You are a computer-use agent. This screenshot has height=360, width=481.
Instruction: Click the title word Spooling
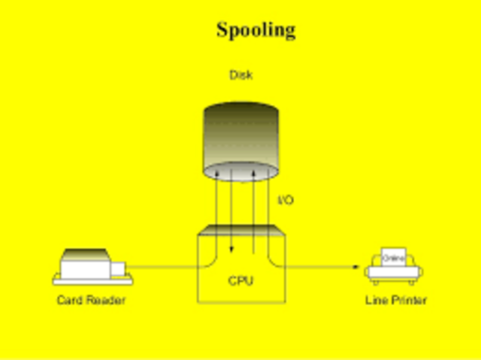(x=256, y=30)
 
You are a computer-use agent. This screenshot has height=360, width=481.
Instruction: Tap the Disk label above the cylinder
(x=240, y=75)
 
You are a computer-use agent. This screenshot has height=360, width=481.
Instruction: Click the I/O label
(x=286, y=201)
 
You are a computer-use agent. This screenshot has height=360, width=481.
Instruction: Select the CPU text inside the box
(x=240, y=281)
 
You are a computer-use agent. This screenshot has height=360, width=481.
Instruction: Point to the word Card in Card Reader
(x=71, y=301)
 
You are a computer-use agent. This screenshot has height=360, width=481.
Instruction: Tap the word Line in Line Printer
(x=377, y=301)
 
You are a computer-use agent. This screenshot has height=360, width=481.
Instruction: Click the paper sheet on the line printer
(x=394, y=256)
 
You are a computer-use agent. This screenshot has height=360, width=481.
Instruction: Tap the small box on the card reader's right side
(x=119, y=266)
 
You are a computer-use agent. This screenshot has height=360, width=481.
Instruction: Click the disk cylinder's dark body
(x=241, y=132)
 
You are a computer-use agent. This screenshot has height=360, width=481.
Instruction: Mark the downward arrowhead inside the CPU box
(x=231, y=250)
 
